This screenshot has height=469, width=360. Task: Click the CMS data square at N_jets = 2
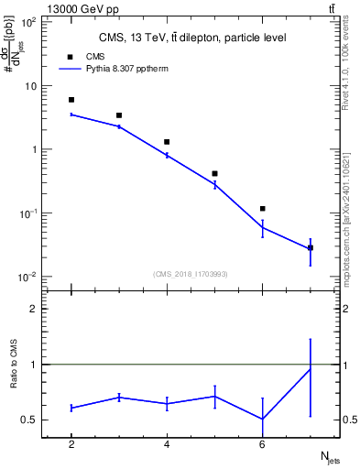click(x=71, y=100)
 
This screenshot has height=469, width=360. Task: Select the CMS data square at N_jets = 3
click(x=119, y=115)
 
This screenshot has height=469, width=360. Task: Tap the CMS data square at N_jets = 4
click(x=167, y=142)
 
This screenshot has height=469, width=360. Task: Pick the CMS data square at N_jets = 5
click(x=214, y=173)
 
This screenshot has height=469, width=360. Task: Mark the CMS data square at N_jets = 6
click(x=263, y=209)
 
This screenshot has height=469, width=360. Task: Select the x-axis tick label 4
click(x=167, y=444)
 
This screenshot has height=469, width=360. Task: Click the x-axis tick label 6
click(x=263, y=444)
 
